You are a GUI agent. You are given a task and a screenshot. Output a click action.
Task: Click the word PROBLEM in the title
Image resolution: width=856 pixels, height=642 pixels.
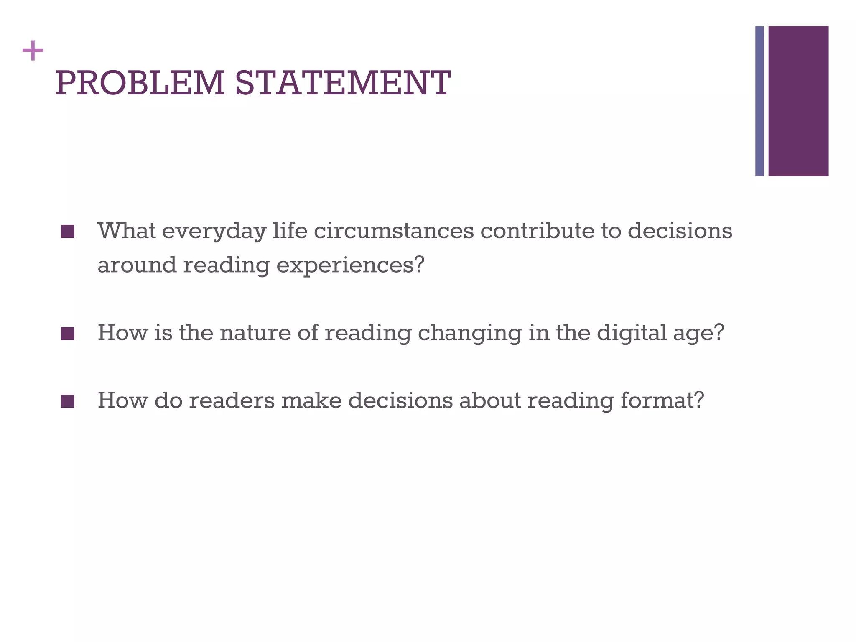(140, 83)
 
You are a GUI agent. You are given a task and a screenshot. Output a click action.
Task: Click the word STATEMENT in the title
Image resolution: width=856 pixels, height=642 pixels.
(343, 83)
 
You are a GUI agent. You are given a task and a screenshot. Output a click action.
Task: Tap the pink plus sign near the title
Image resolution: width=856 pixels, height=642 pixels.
(33, 51)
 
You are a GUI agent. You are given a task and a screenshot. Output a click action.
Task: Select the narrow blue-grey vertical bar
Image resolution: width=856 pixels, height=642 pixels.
(759, 101)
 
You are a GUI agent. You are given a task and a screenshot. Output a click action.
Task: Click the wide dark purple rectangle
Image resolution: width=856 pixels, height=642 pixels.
(798, 101)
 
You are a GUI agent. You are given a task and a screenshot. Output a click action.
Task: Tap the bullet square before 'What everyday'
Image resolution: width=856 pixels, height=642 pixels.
(67, 232)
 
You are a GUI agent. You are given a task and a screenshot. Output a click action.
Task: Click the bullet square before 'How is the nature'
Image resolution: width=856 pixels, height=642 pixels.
(67, 334)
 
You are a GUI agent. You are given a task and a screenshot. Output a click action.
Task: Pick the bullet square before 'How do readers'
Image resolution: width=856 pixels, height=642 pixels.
(67, 401)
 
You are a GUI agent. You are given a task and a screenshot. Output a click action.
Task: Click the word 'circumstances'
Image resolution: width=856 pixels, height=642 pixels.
(394, 231)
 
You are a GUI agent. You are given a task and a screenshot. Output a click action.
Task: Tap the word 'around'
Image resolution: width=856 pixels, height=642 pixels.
(137, 265)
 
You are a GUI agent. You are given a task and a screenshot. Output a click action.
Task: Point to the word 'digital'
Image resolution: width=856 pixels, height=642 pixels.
(631, 334)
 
